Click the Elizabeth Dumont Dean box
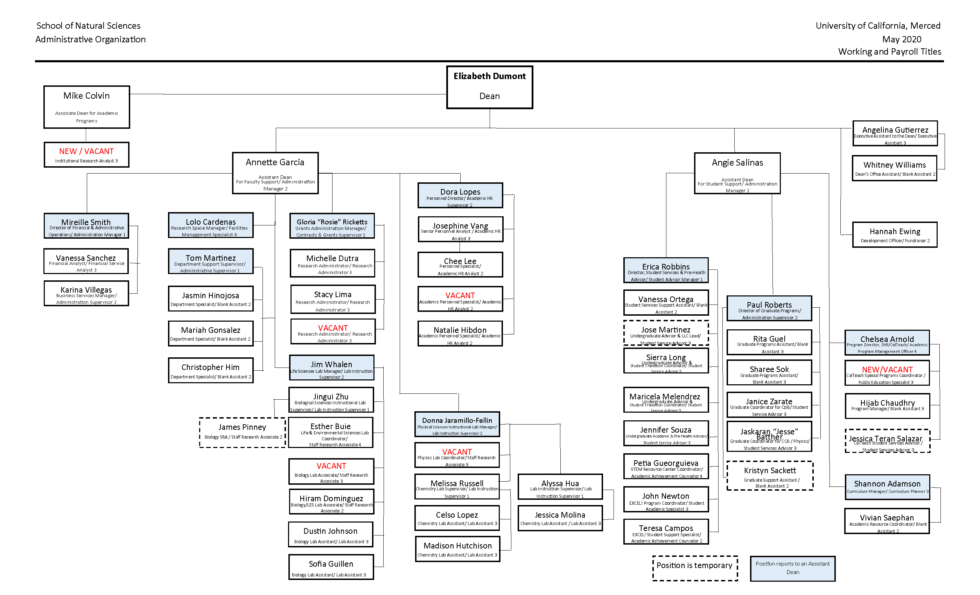point(489,87)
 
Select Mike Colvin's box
point(87,107)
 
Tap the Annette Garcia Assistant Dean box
point(275,173)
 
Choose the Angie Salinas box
point(737,173)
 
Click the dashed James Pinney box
point(242,432)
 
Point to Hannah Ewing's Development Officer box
point(895,234)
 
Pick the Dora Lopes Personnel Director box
point(460,195)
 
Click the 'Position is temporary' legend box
point(694,568)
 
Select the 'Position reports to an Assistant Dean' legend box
point(792,568)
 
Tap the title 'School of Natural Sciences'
point(88,26)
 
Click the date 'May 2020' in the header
point(901,39)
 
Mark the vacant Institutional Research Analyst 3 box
point(86,155)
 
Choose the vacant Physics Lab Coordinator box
point(457,455)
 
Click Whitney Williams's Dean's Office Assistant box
point(894,168)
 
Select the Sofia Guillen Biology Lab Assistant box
point(331,567)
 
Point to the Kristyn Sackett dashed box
point(770,476)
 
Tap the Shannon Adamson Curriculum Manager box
point(887,487)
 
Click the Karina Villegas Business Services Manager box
point(86,294)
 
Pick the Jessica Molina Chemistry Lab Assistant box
point(560,518)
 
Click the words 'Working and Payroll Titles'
point(889,52)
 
